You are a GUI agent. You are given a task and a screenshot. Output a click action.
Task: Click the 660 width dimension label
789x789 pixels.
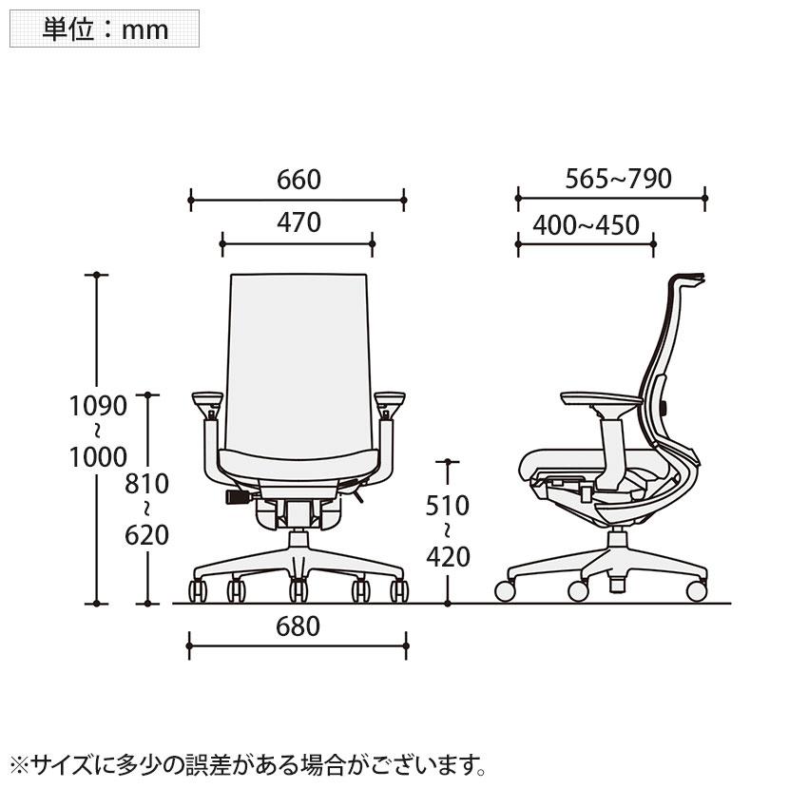298,179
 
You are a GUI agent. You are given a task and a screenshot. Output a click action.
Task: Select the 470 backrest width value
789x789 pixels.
298,222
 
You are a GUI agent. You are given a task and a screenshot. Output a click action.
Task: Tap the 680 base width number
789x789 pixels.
298,626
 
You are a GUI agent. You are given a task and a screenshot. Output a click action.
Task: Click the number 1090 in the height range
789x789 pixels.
97,407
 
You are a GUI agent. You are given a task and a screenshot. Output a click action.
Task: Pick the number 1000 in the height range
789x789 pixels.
97,457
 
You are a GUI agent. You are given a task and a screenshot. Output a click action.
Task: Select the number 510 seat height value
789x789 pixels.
447,505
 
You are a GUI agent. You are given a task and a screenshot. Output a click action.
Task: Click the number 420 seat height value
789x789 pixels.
447,556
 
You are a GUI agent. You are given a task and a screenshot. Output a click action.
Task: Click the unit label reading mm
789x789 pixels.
144,29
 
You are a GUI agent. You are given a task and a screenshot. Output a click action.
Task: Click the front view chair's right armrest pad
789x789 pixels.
390,398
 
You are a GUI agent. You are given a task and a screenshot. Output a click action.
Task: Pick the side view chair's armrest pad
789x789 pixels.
599,397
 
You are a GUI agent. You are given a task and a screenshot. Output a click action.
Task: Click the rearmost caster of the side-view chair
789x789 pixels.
697,590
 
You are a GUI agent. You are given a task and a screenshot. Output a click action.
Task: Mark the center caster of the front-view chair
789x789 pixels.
298,592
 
